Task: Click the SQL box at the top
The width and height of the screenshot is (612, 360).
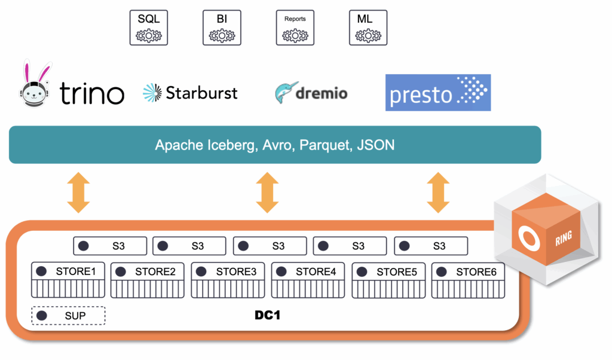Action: pyautogui.click(x=149, y=28)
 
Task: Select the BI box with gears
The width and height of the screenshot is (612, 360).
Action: pyautogui.click(x=222, y=28)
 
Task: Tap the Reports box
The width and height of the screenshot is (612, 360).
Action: pyautogui.click(x=295, y=28)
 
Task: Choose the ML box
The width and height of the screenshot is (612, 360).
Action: pyautogui.click(x=368, y=28)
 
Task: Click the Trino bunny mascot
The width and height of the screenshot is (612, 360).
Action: pyautogui.click(x=35, y=84)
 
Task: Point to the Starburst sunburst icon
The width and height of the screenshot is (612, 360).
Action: pyautogui.click(x=152, y=93)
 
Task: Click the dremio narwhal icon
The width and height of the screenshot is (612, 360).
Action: pyautogui.click(x=286, y=93)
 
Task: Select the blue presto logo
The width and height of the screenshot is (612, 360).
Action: pyautogui.click(x=438, y=93)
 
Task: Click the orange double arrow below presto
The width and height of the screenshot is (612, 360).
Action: pyautogui.click(x=438, y=193)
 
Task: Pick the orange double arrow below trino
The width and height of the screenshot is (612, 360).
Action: pyautogui.click(x=78, y=193)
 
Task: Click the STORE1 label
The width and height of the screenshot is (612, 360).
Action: pyautogui.click(x=76, y=271)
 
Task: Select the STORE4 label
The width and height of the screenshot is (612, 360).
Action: pyautogui.click(x=316, y=271)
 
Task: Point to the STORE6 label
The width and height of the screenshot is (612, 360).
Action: pyautogui.click(x=476, y=271)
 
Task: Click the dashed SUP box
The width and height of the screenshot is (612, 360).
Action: pyautogui.click(x=68, y=316)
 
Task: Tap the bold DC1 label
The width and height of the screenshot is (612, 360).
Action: pyautogui.click(x=267, y=315)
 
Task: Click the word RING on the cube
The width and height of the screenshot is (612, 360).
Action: pyautogui.click(x=564, y=238)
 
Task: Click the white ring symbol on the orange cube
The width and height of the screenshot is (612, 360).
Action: pyautogui.click(x=529, y=237)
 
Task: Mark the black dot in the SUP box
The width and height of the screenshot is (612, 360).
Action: pyautogui.click(x=42, y=316)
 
